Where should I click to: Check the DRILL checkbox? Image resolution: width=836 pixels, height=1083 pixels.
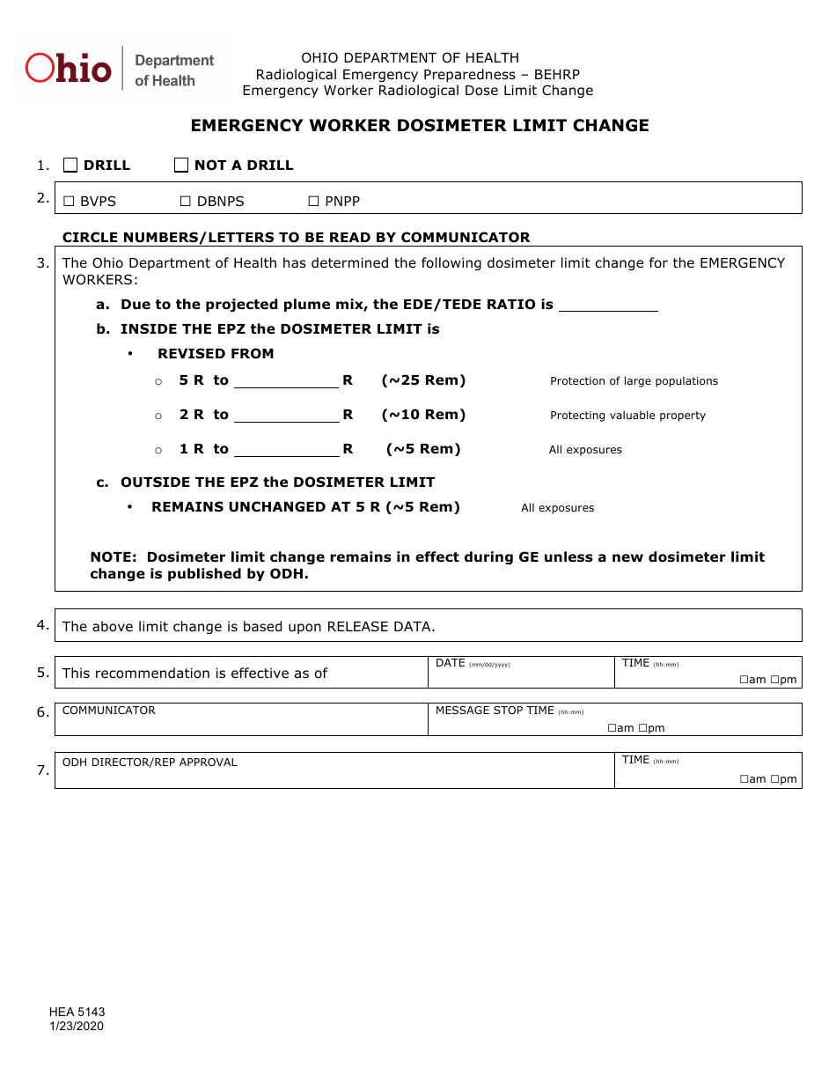[70, 165]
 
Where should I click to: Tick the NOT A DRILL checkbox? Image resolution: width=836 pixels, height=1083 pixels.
[181, 165]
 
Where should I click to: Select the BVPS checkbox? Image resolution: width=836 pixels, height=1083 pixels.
[69, 202]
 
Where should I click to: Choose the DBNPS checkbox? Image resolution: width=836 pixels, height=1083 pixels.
[186, 202]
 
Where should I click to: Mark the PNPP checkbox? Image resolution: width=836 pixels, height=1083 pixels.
[313, 202]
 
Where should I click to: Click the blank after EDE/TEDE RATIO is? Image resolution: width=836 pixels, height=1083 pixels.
[608, 305]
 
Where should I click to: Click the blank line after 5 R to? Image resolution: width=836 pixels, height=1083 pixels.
[286, 380]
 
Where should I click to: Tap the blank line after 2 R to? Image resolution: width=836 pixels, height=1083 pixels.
[286, 415]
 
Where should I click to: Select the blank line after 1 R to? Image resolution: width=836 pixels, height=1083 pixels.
[286, 449]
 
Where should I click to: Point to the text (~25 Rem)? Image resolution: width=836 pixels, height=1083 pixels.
[423, 380]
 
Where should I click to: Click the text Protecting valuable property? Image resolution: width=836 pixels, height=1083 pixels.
[627, 416]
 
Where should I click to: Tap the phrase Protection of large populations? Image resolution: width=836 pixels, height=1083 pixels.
[634, 381]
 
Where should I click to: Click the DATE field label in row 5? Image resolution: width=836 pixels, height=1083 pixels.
[450, 663]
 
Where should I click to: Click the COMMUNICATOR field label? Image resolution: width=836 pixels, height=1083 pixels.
[108, 711]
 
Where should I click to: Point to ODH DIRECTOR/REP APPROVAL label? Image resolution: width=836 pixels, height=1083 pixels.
[150, 763]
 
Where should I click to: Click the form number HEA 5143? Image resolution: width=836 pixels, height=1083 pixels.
[77, 1013]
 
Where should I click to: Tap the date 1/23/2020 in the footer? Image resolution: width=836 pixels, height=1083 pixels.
[77, 1026]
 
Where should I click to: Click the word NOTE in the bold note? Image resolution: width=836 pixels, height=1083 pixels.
[114, 557]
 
